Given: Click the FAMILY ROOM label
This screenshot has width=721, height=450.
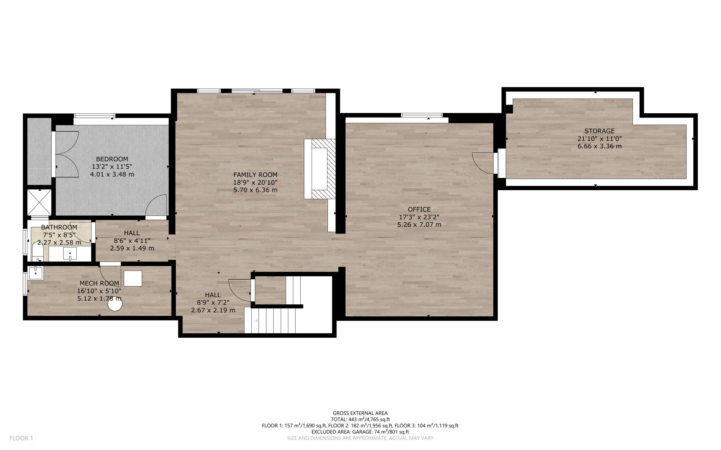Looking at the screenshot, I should tap(255, 175).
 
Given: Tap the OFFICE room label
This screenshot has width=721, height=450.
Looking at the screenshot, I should tap(419, 209).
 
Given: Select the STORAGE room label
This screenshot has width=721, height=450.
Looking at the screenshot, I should tap(599, 131).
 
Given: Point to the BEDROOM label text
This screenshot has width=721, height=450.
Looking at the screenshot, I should tap(112, 159).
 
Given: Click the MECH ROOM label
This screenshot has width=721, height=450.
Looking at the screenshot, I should tap(99, 283).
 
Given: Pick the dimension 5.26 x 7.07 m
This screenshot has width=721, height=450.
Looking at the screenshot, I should tap(419, 224).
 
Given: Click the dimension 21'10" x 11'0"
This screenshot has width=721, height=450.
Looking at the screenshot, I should tap(599, 139).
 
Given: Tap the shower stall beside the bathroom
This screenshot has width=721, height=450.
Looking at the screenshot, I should tap(40, 202).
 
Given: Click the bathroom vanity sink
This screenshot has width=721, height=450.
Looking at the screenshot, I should tap(70, 253).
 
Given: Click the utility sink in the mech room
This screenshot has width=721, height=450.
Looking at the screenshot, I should tap(36, 273).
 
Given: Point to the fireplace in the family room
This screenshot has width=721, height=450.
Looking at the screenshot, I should tap(320, 169).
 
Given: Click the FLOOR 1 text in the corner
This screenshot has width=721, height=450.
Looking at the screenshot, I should tap(21, 438).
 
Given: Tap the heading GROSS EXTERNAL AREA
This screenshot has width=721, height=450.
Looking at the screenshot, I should tap(360, 413).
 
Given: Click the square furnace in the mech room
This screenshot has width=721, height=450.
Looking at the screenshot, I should tap(133, 278).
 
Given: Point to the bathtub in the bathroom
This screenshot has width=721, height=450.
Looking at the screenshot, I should tap(38, 252).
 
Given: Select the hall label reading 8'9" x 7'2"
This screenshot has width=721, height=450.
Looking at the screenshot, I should tap(213, 303).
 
